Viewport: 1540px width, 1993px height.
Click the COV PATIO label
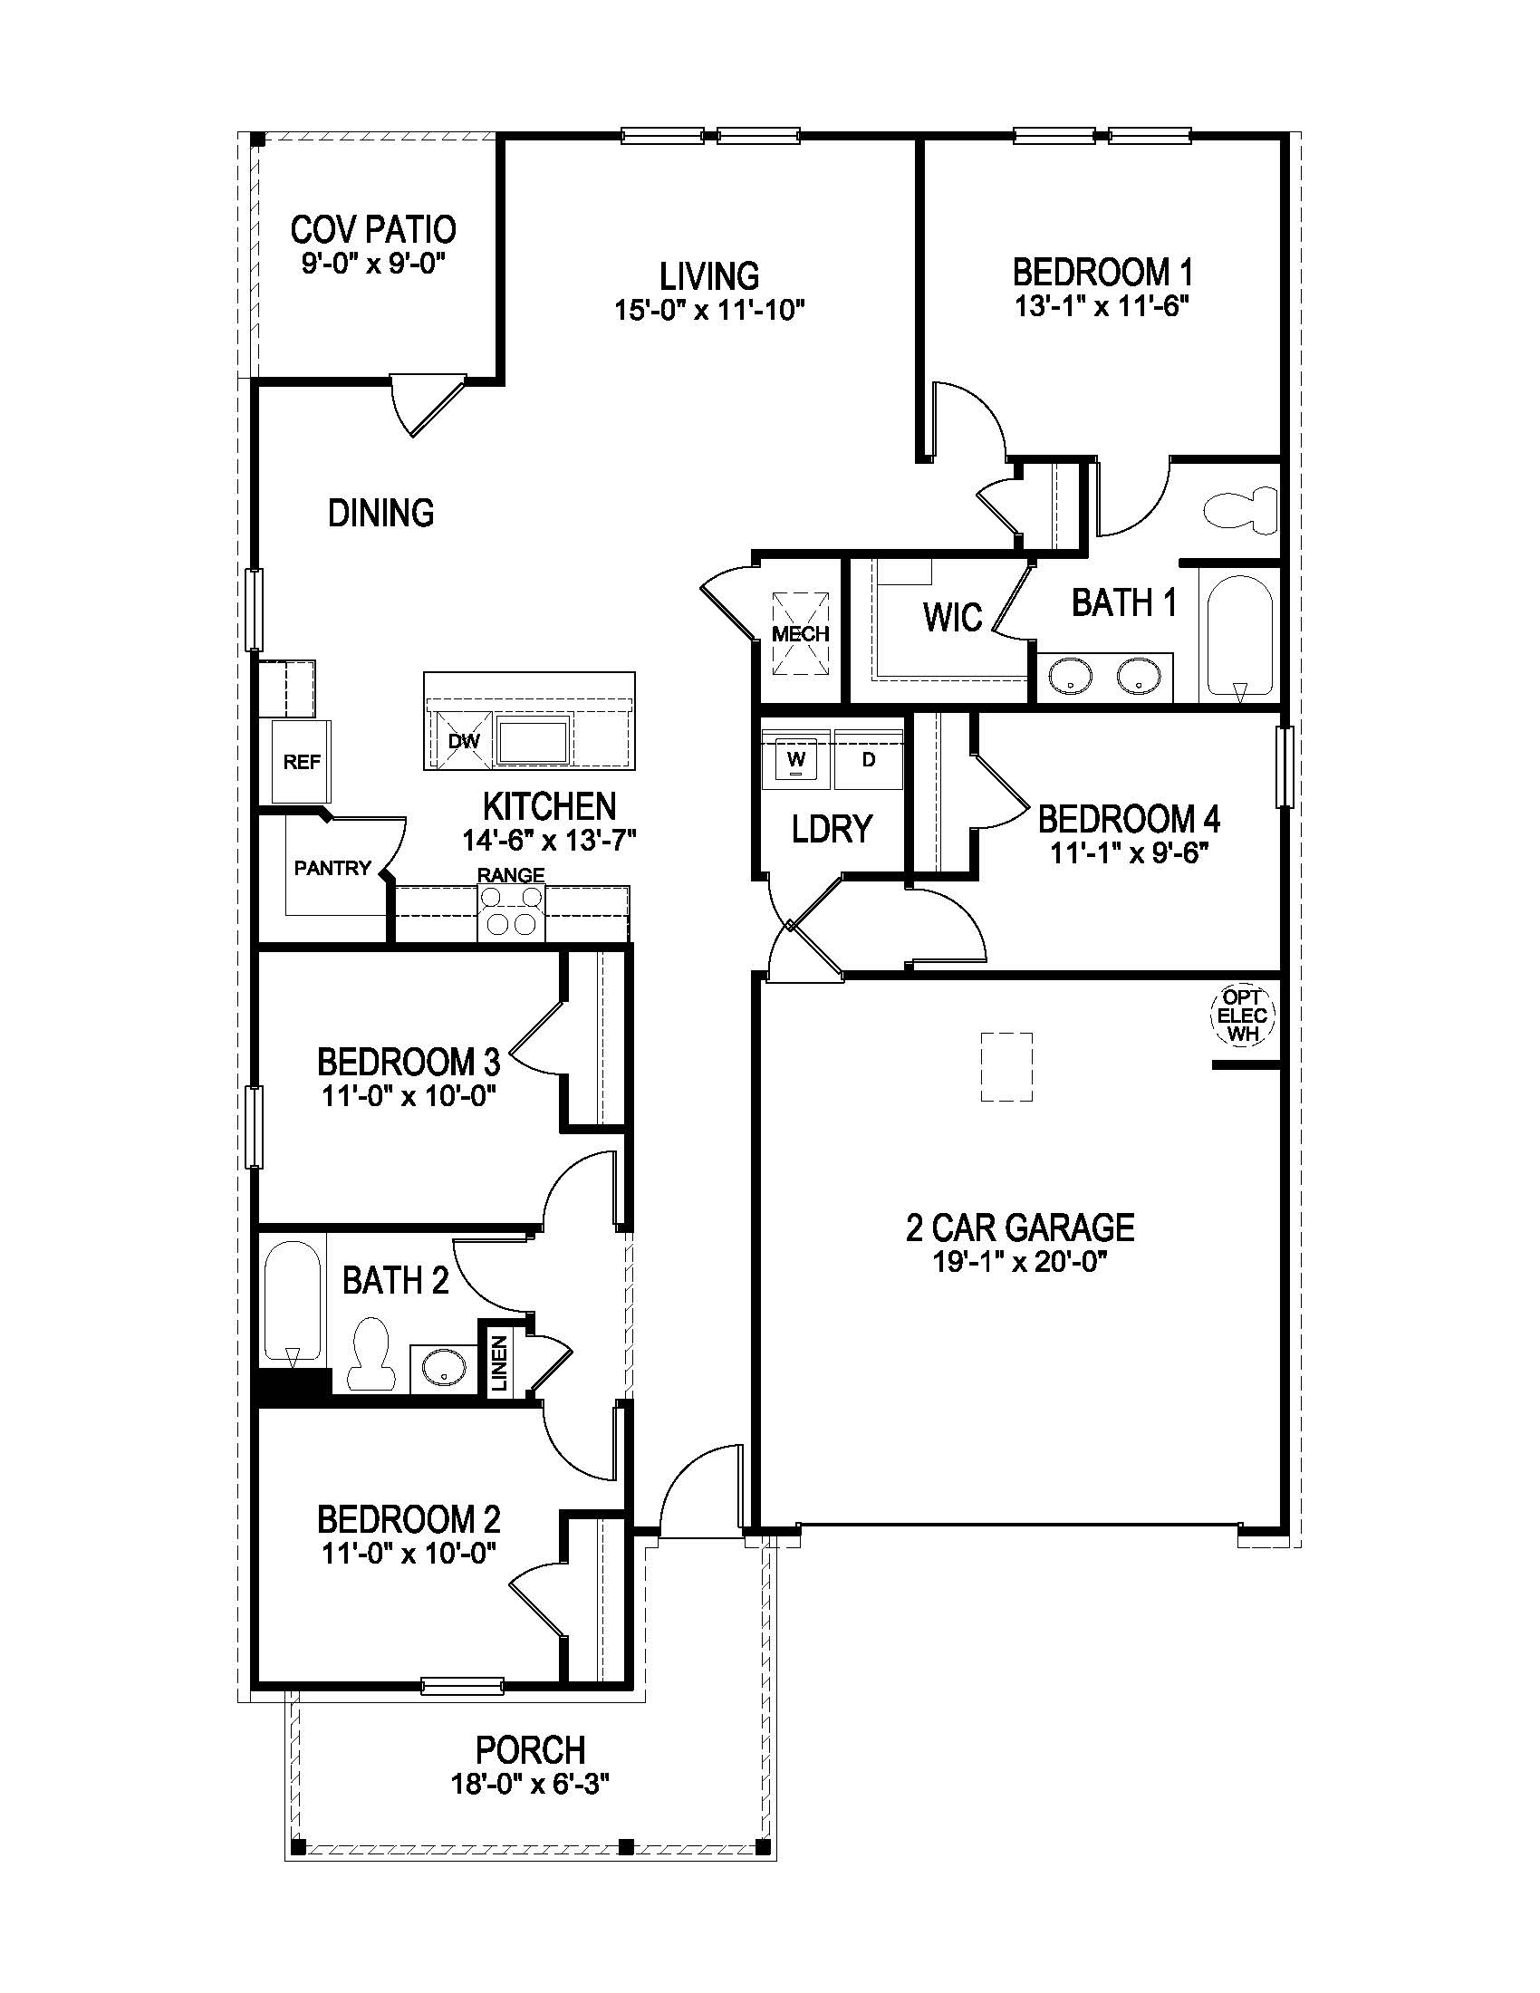373,229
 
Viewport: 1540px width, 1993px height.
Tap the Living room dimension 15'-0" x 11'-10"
709,310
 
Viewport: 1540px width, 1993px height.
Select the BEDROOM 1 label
1102,272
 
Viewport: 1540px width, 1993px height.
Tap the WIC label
952,617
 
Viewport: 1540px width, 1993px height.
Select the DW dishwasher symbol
464,741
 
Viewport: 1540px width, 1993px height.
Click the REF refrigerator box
301,762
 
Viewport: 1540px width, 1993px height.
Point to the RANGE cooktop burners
511,911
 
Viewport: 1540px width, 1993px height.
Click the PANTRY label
332,868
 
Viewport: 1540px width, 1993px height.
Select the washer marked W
796,759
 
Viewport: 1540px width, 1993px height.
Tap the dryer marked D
869,759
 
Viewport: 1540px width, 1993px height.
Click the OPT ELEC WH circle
1243,1016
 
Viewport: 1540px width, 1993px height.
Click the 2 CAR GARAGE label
1020,1228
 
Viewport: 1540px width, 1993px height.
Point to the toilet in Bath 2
371,1355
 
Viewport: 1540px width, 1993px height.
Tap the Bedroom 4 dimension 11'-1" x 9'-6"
1130,854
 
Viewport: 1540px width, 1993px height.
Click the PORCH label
530,1750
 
